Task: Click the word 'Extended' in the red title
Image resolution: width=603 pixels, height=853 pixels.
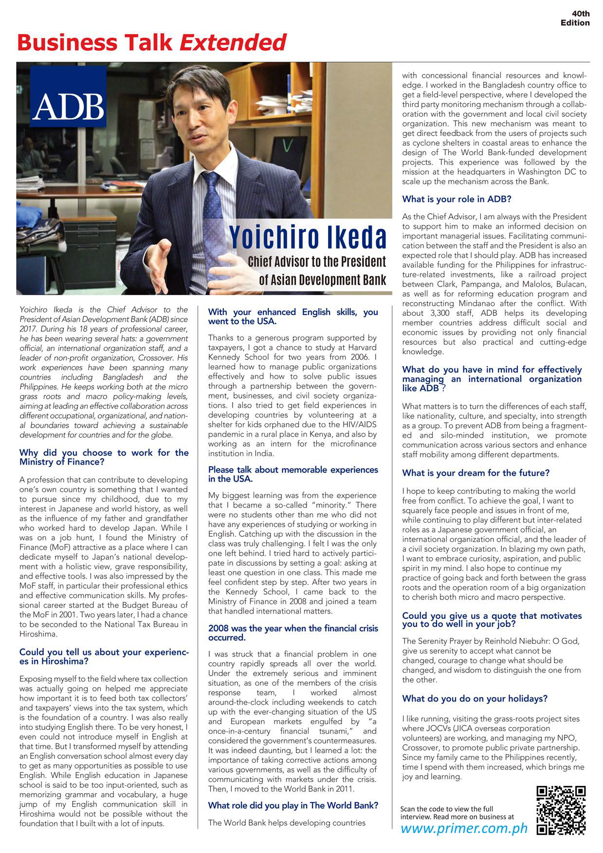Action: [233, 43]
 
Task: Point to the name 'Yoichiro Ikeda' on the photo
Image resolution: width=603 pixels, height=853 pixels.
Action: [308, 237]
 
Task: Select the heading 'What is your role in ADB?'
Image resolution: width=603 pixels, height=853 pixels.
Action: [457, 199]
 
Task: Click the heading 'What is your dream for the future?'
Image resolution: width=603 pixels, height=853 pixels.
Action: [475, 473]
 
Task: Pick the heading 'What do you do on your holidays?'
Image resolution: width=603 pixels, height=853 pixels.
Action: [475, 698]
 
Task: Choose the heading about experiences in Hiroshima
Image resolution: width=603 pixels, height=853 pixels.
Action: [104, 656]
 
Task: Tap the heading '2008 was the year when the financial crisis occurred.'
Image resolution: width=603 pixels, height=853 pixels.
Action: [293, 633]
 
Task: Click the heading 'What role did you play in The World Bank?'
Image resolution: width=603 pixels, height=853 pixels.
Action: [293, 805]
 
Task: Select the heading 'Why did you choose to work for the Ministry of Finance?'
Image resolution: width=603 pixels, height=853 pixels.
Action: [104, 457]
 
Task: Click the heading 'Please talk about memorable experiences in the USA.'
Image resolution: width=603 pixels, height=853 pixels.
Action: [293, 474]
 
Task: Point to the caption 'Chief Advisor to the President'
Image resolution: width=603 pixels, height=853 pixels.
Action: [316, 262]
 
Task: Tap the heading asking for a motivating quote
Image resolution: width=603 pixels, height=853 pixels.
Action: [492, 619]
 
